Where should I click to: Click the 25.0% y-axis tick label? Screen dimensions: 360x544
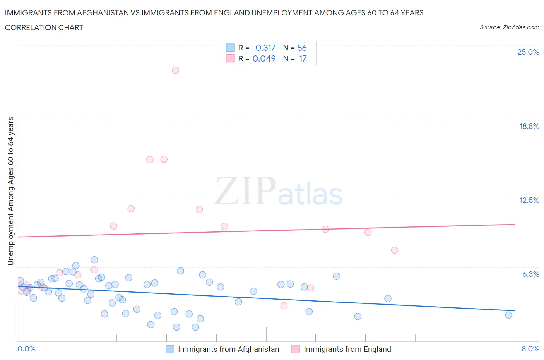[x=528, y=52]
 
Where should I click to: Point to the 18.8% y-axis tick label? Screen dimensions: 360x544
[x=529, y=126]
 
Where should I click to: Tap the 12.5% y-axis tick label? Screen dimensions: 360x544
[x=529, y=200]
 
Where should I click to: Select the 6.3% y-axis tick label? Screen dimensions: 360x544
[x=530, y=274]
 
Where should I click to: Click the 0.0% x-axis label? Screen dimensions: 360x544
[x=27, y=349]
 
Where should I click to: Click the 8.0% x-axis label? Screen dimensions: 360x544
[x=530, y=349]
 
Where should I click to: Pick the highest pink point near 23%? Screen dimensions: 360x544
[x=175, y=70]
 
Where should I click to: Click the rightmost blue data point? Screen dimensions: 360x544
[x=509, y=315]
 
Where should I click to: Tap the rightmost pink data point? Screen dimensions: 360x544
[x=395, y=250]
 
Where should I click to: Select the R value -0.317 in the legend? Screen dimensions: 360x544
[x=263, y=48]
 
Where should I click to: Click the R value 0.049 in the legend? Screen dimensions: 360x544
[x=264, y=58]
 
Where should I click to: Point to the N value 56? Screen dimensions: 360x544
[x=302, y=48]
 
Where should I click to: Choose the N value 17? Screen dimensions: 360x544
[x=303, y=58]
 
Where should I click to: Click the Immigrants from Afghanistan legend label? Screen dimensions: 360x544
[x=228, y=349]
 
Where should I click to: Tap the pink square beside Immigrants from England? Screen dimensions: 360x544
[x=296, y=349]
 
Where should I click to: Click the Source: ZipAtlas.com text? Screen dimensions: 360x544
[x=509, y=27]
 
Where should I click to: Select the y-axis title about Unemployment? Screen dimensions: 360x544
[x=10, y=191]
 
